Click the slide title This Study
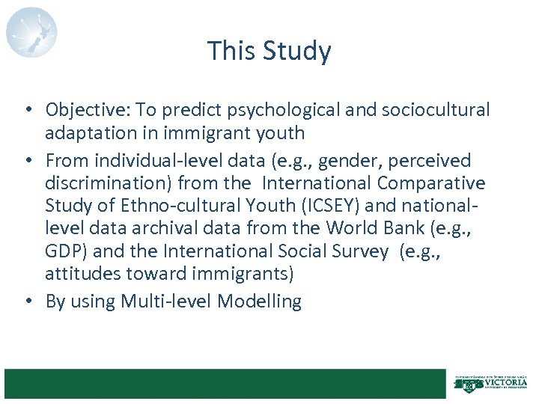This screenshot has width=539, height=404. pos(269,51)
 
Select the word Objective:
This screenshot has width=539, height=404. pos(88,110)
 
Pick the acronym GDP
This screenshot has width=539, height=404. pos(65,251)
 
